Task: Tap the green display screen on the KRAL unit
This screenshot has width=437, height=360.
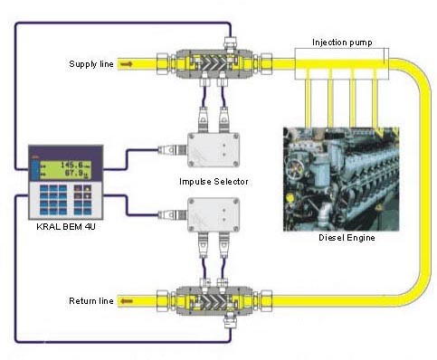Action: point(59,169)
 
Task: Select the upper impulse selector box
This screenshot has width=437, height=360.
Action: point(214,148)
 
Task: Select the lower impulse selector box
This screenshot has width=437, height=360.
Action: point(214,213)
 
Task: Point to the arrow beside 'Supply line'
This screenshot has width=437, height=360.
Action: point(126,63)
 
